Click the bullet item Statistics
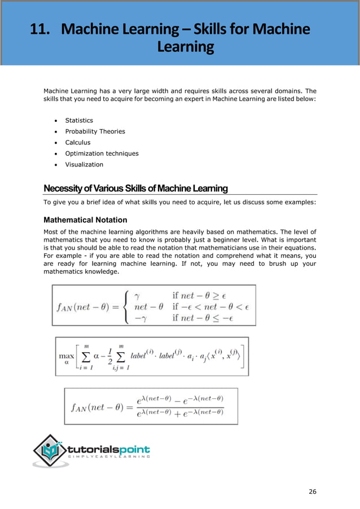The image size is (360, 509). coord(79,120)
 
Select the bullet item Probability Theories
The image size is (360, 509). coord(95,131)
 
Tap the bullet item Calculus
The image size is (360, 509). coord(77,142)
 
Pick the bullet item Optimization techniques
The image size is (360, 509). coord(102,153)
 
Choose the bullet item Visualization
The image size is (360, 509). coord(84,164)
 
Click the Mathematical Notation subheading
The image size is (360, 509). coord(85,220)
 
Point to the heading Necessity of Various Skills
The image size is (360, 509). coord(135,188)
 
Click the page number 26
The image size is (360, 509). coord(313,492)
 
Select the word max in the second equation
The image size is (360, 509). coord(67,357)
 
